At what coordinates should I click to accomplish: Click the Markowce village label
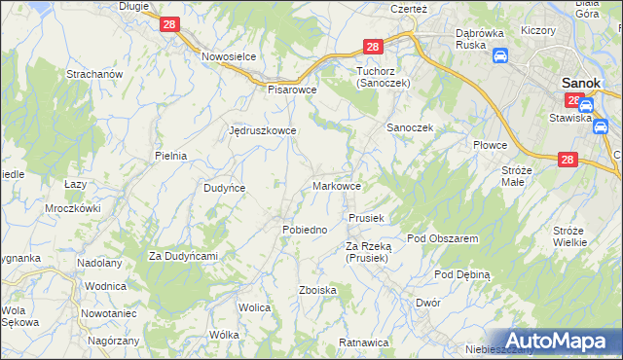(x=338, y=186)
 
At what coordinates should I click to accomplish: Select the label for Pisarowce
(x=293, y=89)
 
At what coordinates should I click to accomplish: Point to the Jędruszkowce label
(x=261, y=130)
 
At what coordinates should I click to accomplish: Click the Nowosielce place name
(x=229, y=56)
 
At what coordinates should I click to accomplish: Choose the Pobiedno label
(x=304, y=229)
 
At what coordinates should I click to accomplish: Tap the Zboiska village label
(x=318, y=290)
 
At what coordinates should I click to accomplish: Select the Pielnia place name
(x=170, y=155)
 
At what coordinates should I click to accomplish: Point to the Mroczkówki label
(x=73, y=208)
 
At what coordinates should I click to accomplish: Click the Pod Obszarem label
(x=442, y=238)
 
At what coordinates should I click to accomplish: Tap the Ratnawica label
(x=363, y=342)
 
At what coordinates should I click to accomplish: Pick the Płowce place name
(x=491, y=145)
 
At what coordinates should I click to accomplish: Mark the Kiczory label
(x=537, y=30)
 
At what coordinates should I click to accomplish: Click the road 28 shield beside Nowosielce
(x=168, y=24)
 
